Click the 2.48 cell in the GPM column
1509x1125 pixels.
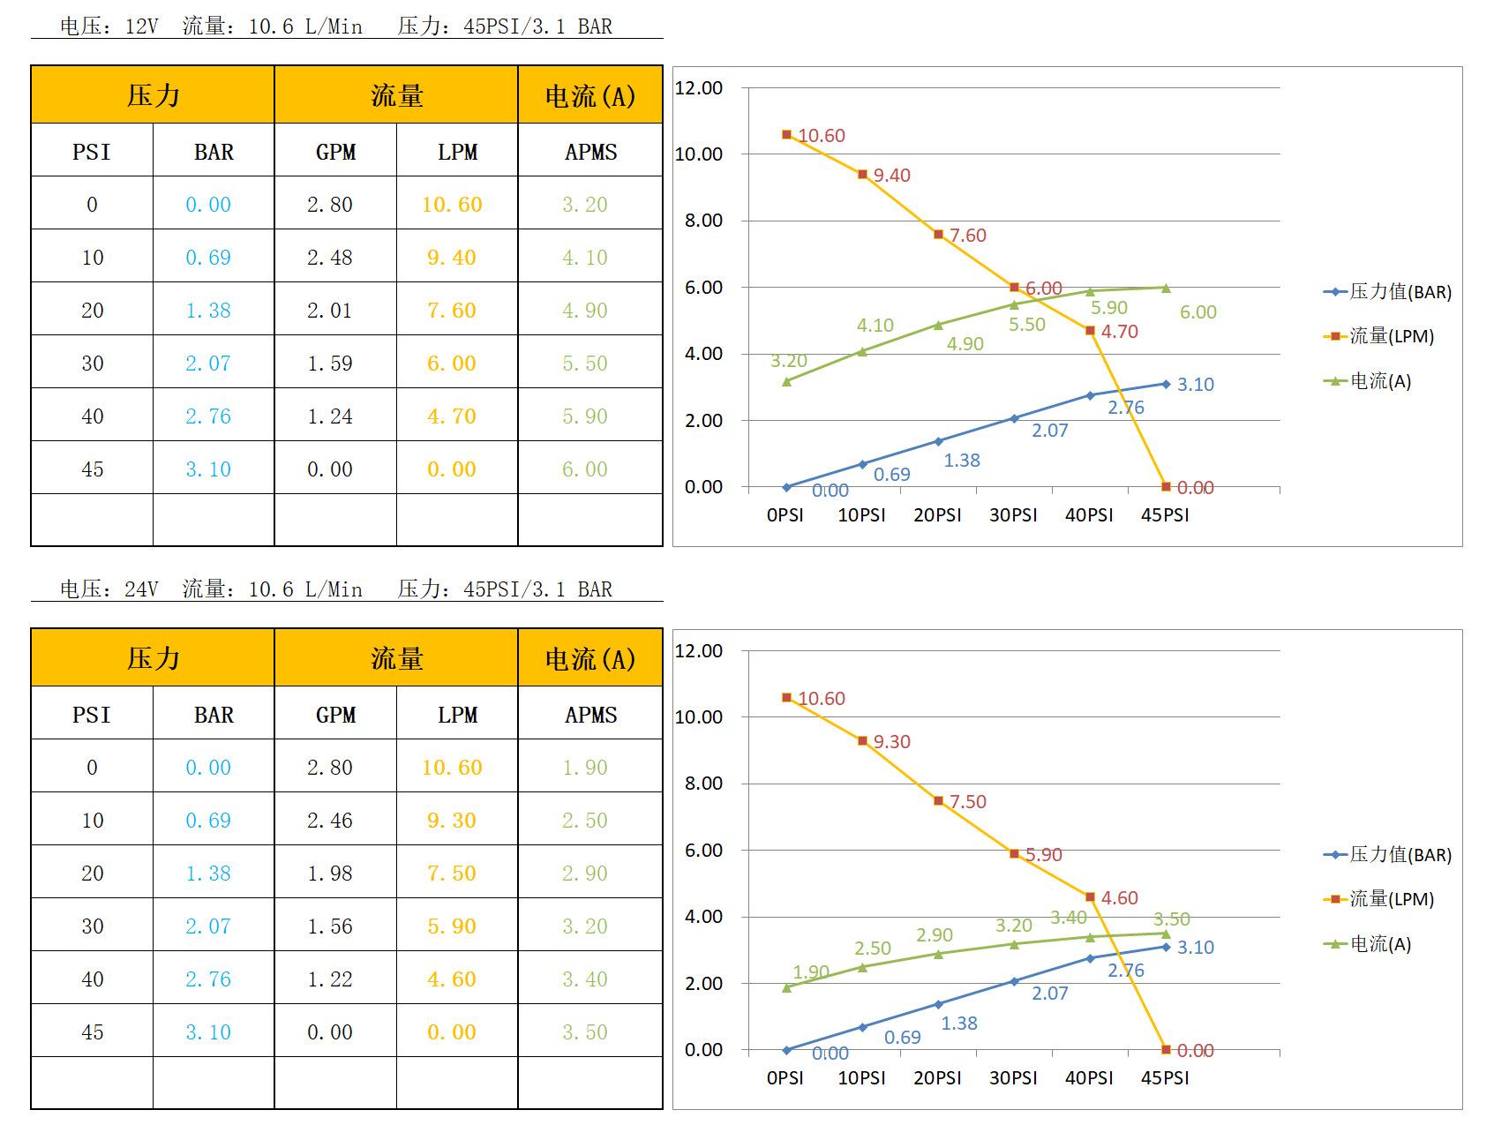(330, 258)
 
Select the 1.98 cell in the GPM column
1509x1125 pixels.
(330, 874)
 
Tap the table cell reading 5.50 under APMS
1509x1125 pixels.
(585, 364)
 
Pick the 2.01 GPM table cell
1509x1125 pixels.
(330, 311)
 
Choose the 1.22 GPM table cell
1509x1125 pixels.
(330, 979)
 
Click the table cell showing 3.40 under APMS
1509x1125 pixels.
(585, 979)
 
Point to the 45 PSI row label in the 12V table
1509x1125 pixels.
(93, 469)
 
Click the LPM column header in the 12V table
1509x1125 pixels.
(457, 152)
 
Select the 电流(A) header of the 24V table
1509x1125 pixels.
(590, 659)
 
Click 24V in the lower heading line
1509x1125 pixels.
(141, 589)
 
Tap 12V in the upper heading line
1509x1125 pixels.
(141, 26)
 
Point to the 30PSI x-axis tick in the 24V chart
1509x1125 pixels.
(1013, 1078)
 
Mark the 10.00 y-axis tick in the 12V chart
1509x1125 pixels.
(698, 154)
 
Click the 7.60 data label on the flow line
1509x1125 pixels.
(967, 236)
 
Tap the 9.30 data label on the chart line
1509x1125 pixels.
(891, 742)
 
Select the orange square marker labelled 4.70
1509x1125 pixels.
(1090, 331)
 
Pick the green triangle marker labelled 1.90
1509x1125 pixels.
(786, 987)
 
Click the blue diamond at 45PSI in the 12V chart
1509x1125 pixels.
(1166, 384)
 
